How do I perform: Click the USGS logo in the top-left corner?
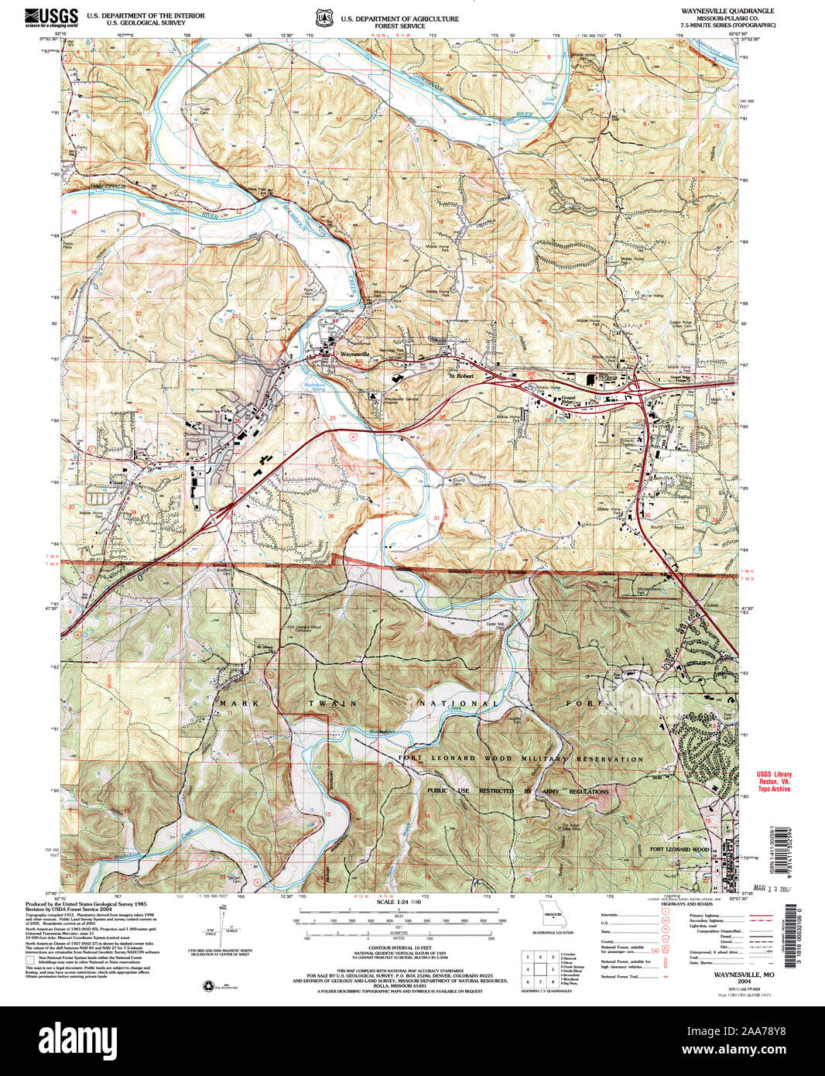click(51, 17)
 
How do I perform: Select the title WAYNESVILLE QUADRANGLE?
click(727, 12)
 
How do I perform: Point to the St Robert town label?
click(460, 376)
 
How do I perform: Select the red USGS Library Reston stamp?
click(773, 781)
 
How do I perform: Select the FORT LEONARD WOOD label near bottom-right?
click(679, 849)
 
